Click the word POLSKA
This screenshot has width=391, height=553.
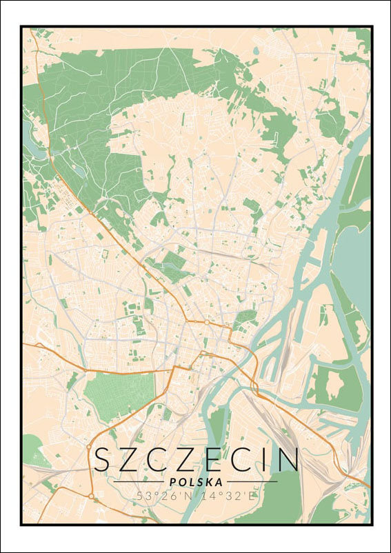(195, 482)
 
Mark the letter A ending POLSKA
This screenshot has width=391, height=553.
(219, 482)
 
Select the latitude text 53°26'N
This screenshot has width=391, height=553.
(160, 495)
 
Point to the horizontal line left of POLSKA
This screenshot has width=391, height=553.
(139, 481)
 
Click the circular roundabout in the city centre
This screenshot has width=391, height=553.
(206, 322)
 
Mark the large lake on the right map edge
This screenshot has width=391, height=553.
(355, 255)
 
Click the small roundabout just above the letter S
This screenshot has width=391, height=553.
(89, 446)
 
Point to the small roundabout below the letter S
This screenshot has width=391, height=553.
(90, 495)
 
